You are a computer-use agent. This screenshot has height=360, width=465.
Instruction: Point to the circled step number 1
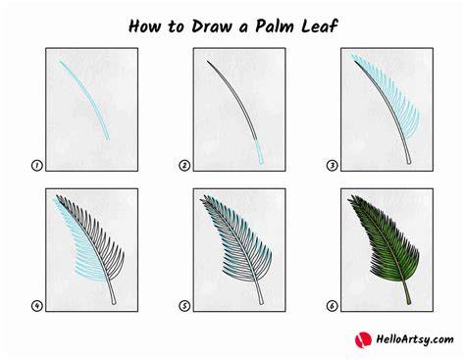[x=36, y=166]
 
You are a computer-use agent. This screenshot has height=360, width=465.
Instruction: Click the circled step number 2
[x=184, y=166]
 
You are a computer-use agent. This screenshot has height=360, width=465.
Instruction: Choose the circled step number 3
[x=332, y=166]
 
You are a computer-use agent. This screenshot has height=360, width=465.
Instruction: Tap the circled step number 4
[x=36, y=306]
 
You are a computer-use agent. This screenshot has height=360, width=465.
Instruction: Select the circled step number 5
[x=184, y=306]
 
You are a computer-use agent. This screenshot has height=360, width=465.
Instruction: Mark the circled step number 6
[x=332, y=306]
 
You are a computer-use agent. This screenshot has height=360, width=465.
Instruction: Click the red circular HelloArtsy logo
[x=363, y=339]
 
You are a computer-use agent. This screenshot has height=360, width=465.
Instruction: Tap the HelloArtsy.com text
[x=415, y=339]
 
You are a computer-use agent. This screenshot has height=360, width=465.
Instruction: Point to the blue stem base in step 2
[x=259, y=152]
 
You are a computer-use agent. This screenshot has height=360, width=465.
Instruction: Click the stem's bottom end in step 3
[x=408, y=162]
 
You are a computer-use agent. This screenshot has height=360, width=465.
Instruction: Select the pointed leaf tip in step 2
[x=207, y=61]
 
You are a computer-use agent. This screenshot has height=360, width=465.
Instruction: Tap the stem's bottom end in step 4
[x=114, y=303]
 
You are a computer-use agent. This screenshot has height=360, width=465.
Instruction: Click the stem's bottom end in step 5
[x=262, y=303]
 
